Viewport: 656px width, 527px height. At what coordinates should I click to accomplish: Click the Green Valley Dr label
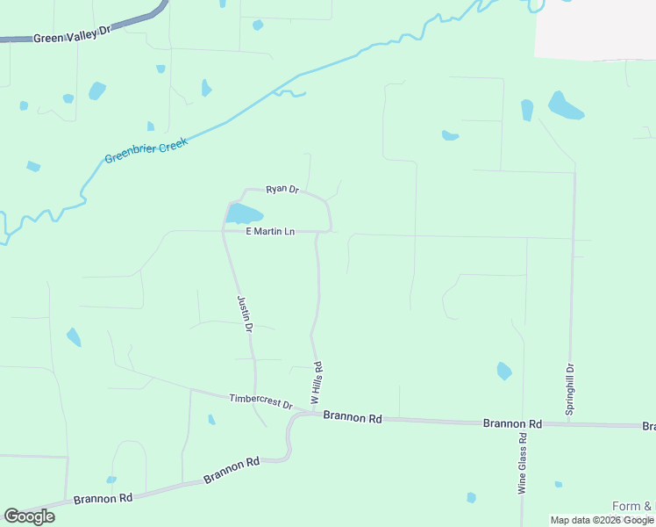[74, 34]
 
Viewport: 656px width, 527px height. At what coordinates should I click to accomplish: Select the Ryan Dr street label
[282, 189]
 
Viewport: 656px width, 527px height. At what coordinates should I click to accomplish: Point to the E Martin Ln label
[269, 232]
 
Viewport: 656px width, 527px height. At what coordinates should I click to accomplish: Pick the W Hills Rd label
[317, 382]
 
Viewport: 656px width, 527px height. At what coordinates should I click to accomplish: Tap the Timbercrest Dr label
[260, 401]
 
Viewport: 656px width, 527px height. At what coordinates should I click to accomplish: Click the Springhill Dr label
[570, 390]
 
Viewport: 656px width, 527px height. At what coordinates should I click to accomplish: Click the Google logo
[29, 516]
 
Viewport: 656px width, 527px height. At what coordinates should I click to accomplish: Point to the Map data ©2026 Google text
[602, 520]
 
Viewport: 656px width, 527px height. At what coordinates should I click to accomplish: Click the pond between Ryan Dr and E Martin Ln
[244, 214]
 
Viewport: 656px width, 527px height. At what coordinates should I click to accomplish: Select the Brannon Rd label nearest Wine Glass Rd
[512, 423]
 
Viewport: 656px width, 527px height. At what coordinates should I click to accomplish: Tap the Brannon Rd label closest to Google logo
[103, 498]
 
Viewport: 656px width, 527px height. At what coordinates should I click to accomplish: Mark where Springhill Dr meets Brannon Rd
[570, 424]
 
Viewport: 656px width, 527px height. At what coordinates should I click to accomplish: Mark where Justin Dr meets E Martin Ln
[223, 232]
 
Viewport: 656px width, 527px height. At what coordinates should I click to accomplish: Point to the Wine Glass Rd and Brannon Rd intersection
[524, 423]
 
